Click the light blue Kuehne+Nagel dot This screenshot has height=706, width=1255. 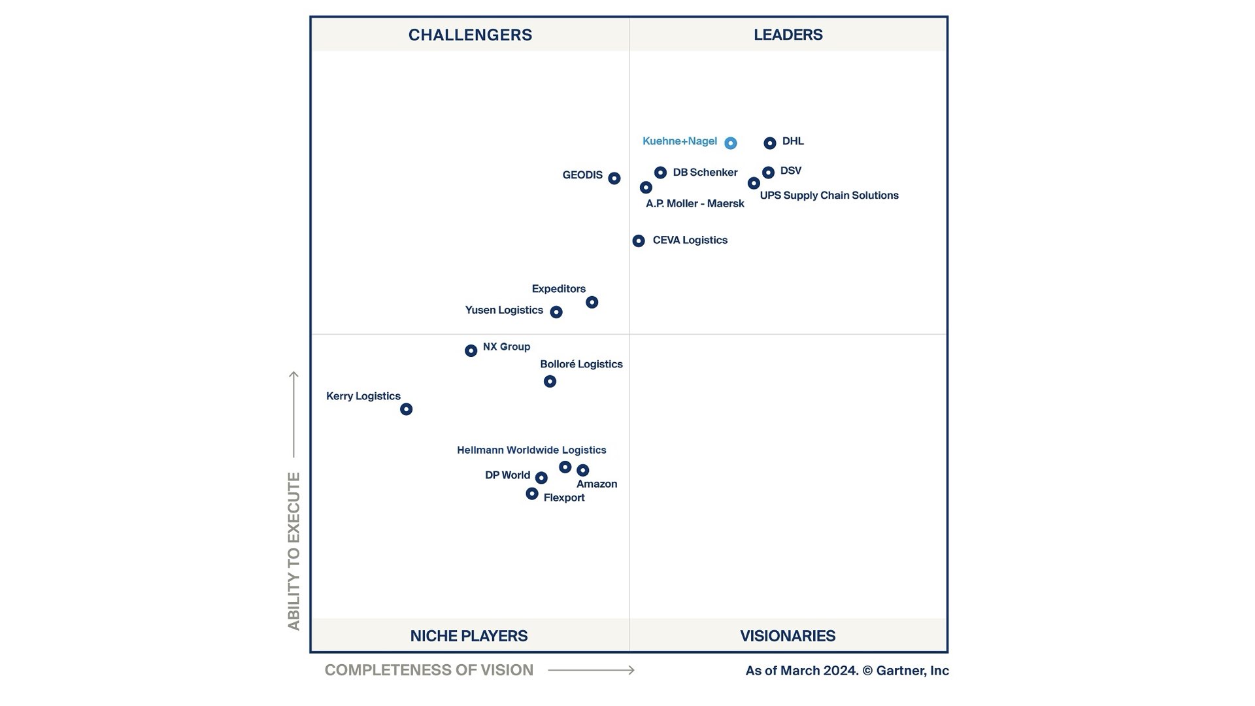tap(731, 143)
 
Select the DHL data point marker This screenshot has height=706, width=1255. tap(770, 143)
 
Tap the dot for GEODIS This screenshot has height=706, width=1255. tap(614, 178)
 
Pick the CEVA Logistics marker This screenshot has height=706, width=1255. tap(639, 241)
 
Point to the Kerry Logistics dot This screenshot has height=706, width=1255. tap(406, 409)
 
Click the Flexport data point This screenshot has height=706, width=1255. tap(532, 494)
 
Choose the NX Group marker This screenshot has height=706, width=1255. tap(471, 351)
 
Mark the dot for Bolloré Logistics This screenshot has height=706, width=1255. tap(550, 381)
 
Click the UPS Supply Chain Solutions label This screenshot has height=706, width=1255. tap(829, 195)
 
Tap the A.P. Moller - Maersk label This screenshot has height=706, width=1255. tap(695, 204)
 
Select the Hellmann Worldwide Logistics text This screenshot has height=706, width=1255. tap(531, 450)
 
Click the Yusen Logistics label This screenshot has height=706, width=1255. tap(504, 310)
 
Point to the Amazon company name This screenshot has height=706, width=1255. tap(597, 484)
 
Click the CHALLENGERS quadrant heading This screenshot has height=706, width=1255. tap(470, 35)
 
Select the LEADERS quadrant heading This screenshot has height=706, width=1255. tap(788, 35)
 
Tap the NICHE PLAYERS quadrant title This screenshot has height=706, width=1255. tap(469, 635)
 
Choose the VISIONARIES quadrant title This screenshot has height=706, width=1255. tap(788, 635)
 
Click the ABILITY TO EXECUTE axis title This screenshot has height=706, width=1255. tap(293, 550)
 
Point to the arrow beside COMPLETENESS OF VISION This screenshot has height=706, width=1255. tap(591, 670)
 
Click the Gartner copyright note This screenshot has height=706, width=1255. tap(847, 671)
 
